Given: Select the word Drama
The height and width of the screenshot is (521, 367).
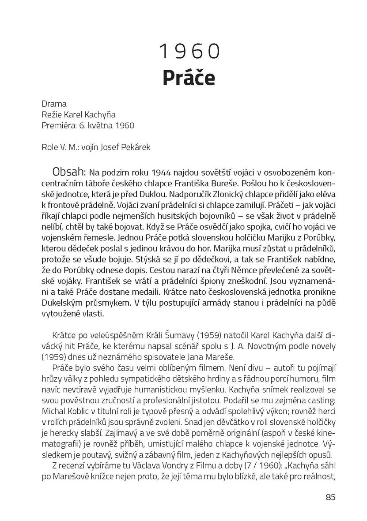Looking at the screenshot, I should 54,105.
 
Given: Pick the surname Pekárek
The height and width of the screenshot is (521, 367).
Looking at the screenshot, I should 136,147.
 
